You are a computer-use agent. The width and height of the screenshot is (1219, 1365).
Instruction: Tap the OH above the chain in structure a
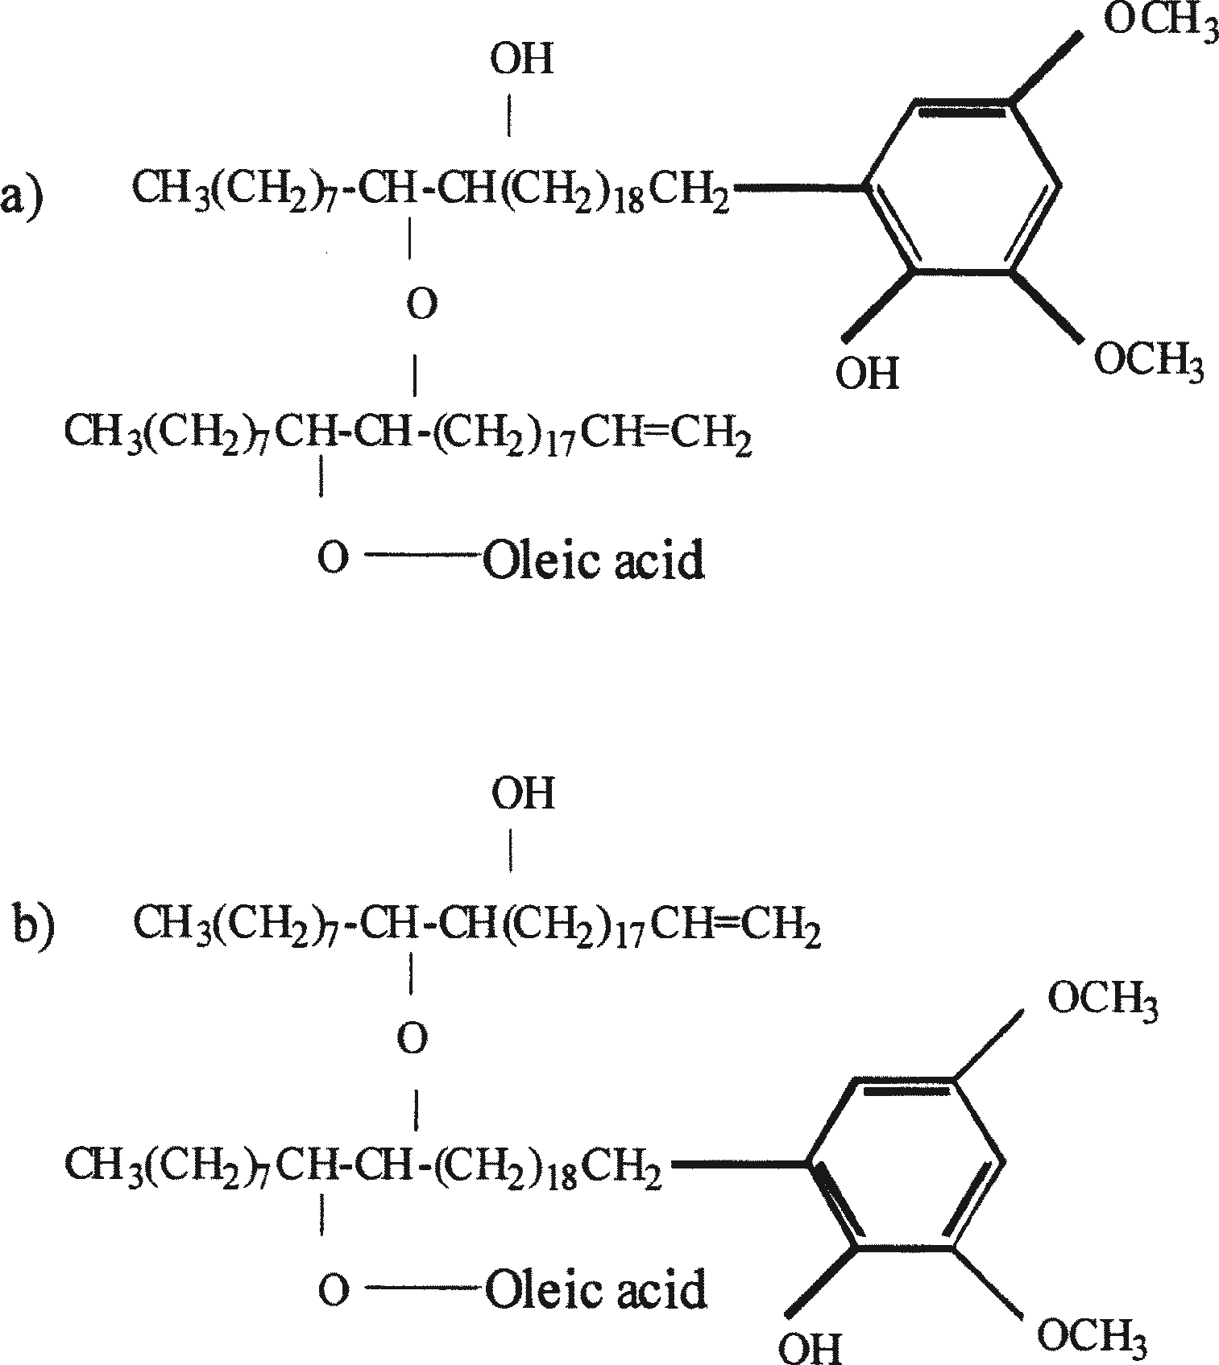pos(523,60)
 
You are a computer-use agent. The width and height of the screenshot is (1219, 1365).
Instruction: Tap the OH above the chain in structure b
pos(524,794)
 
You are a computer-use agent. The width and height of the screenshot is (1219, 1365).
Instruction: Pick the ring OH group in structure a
pos(867,374)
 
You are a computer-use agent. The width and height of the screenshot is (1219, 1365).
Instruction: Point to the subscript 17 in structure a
pos(559,447)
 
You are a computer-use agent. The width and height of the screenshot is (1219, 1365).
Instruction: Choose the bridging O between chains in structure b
pos(413,1040)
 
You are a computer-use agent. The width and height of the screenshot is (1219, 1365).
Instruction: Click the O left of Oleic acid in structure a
pos(332,557)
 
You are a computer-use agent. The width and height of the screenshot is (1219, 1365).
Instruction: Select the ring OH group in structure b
pos(810,1346)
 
